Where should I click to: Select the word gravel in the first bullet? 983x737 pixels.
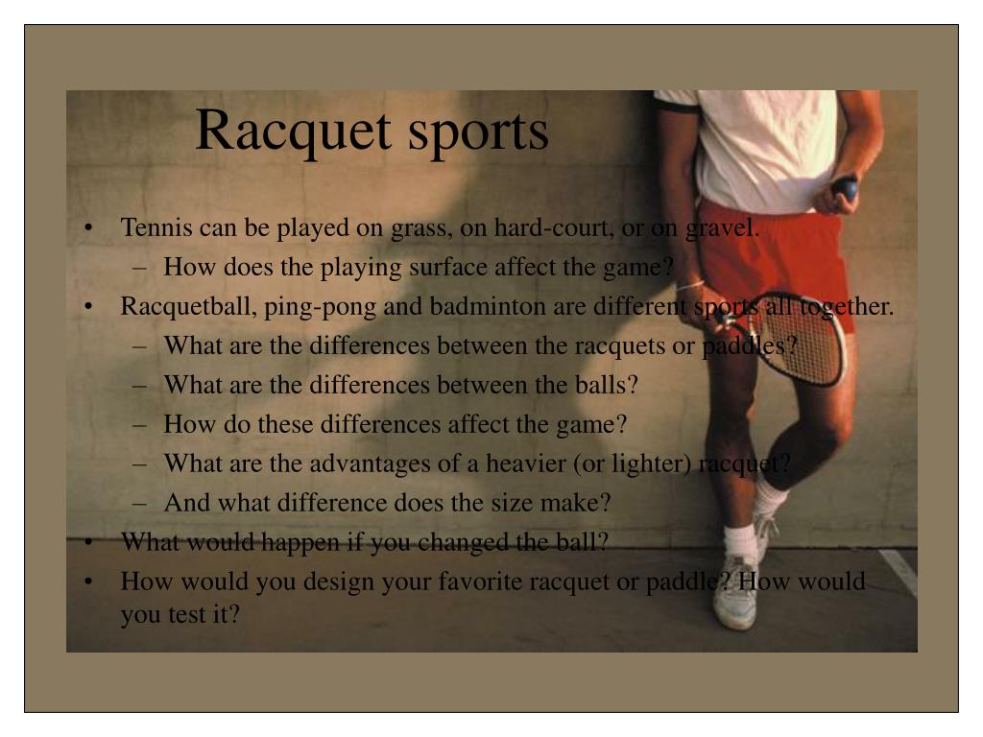click(x=722, y=228)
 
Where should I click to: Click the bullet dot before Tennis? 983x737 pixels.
click(x=88, y=227)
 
